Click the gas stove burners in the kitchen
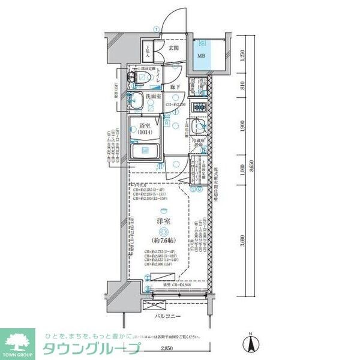click(198, 110)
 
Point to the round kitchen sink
click(199, 127)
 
